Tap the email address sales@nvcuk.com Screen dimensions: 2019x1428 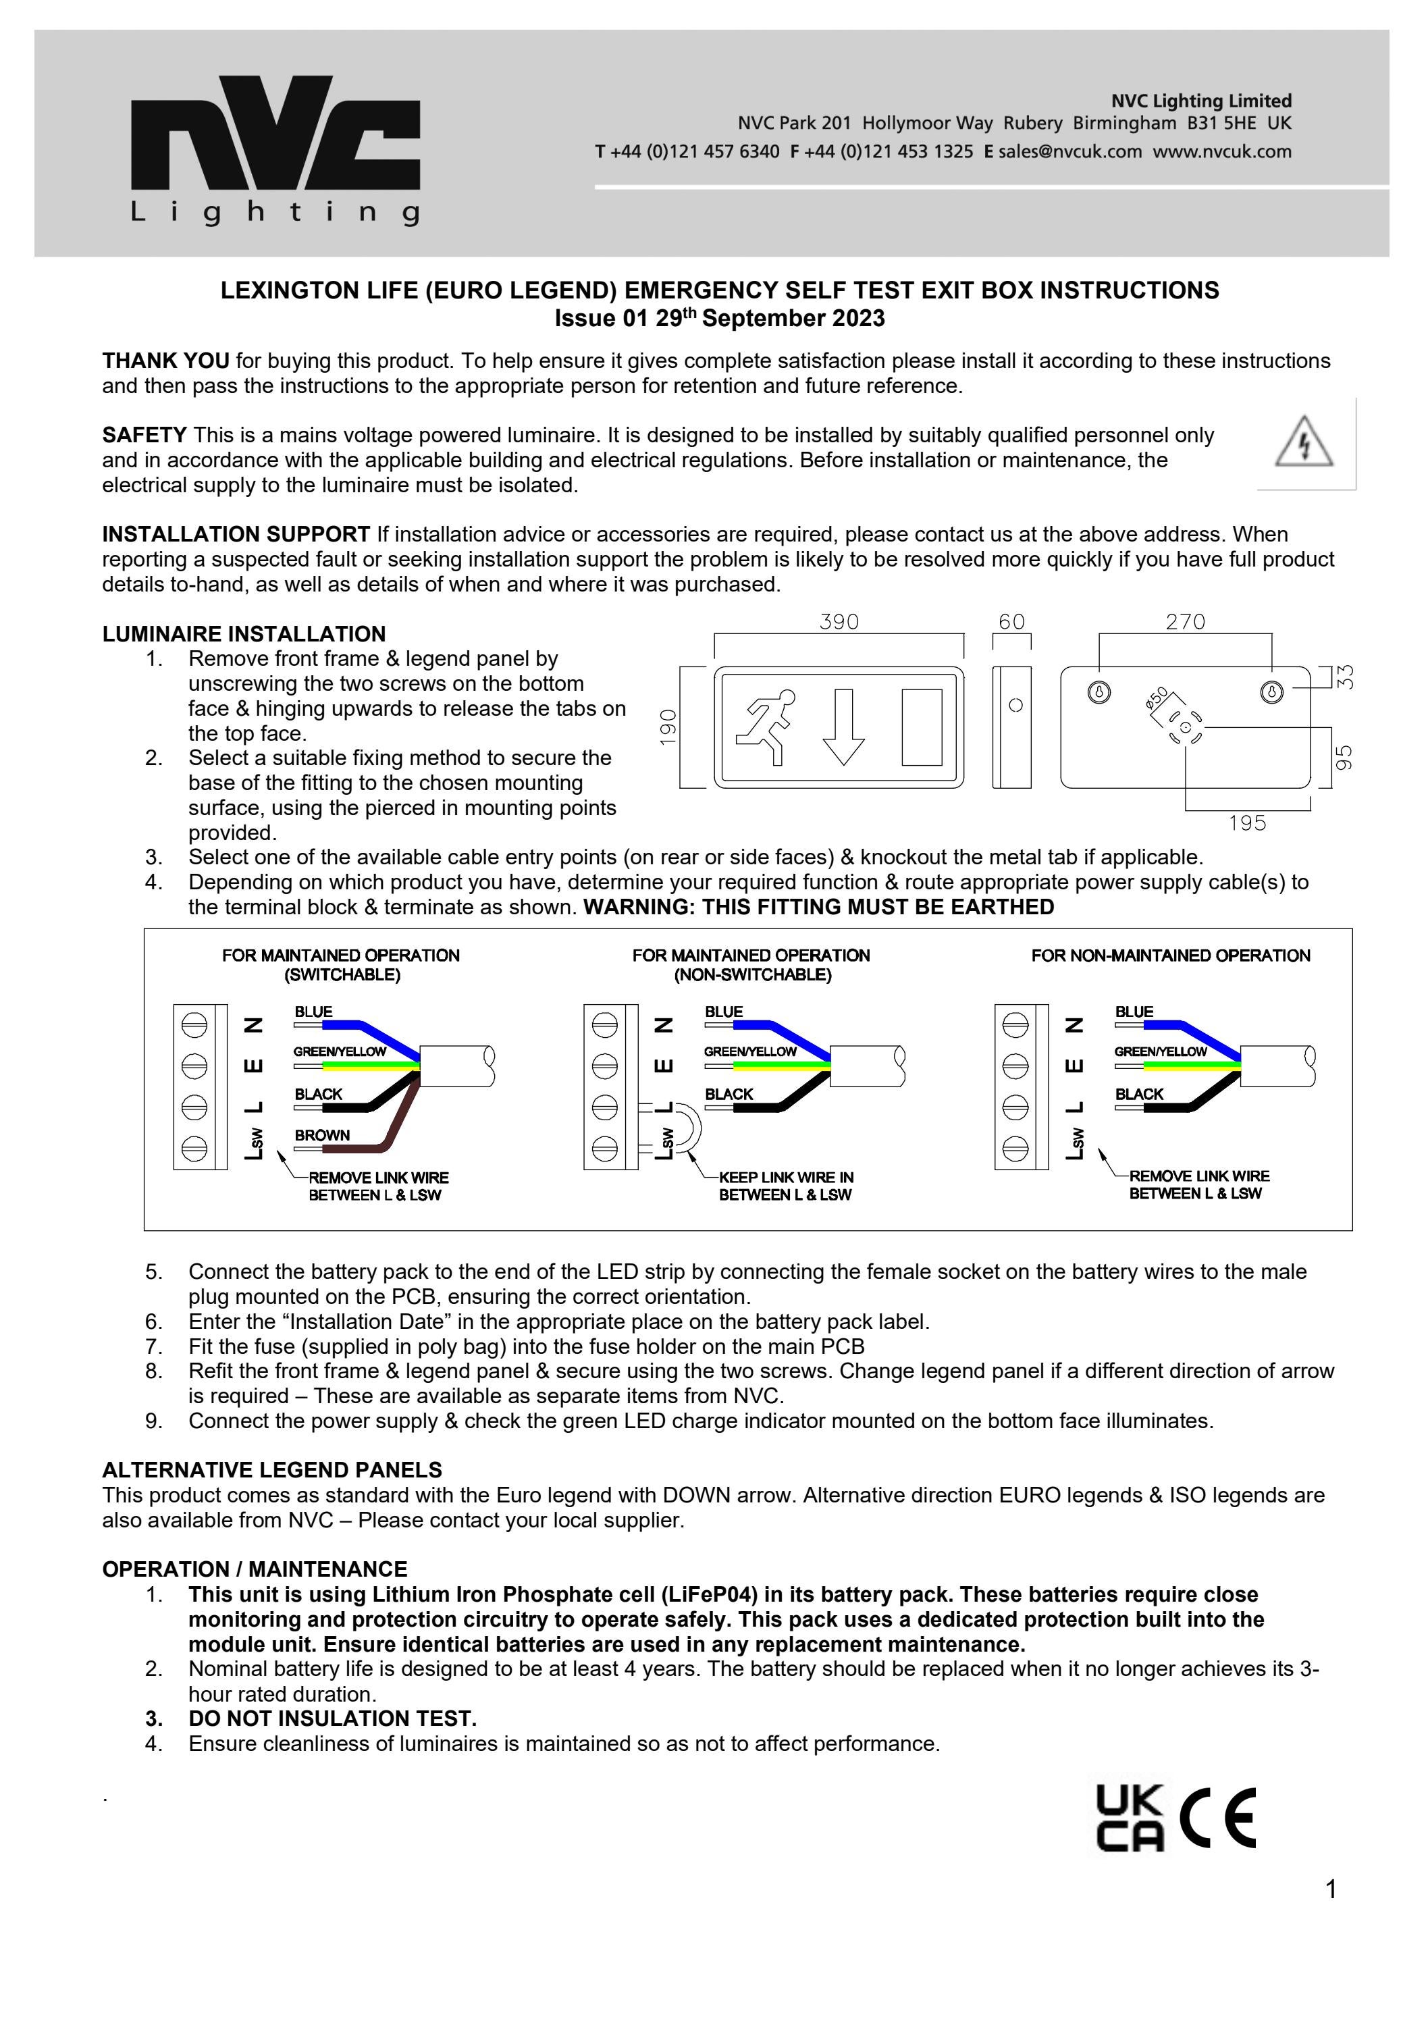click(x=1069, y=151)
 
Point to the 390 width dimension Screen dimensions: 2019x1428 click(x=839, y=622)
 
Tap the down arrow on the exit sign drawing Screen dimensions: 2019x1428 click(x=843, y=727)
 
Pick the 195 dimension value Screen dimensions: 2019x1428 click(x=1247, y=823)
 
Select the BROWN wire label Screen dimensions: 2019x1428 click(x=322, y=1135)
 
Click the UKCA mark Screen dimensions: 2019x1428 click(x=1130, y=1818)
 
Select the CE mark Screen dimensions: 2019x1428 click(x=1218, y=1818)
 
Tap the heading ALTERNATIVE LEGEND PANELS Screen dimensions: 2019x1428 click(x=271, y=1470)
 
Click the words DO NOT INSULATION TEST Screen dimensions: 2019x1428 click(x=332, y=1719)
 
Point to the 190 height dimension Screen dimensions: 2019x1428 click(x=668, y=727)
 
